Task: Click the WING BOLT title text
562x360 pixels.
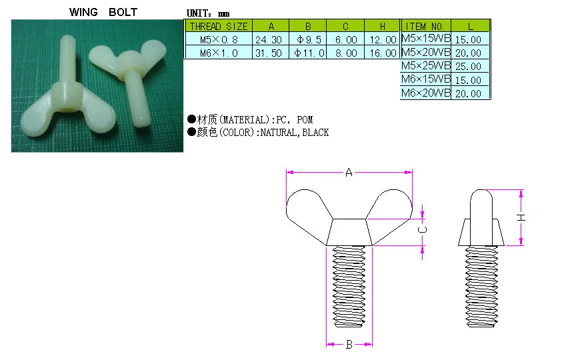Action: click(103, 12)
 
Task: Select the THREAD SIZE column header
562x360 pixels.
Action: click(218, 27)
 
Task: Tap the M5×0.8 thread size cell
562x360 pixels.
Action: click(218, 39)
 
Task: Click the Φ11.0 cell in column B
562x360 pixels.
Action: click(309, 53)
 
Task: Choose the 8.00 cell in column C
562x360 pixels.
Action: click(346, 53)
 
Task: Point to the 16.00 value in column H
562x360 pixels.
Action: click(383, 53)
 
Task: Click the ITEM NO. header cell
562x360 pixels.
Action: click(426, 26)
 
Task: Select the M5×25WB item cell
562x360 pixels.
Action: click(426, 66)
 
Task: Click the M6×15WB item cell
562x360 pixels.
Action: click(426, 79)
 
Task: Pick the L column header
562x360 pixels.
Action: click(471, 26)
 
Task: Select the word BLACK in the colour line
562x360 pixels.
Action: click(315, 133)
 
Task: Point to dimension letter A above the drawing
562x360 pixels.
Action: click(349, 173)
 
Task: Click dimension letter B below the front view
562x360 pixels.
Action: click(348, 345)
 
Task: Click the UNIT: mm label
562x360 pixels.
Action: click(208, 13)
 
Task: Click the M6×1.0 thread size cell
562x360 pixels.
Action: click(218, 53)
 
